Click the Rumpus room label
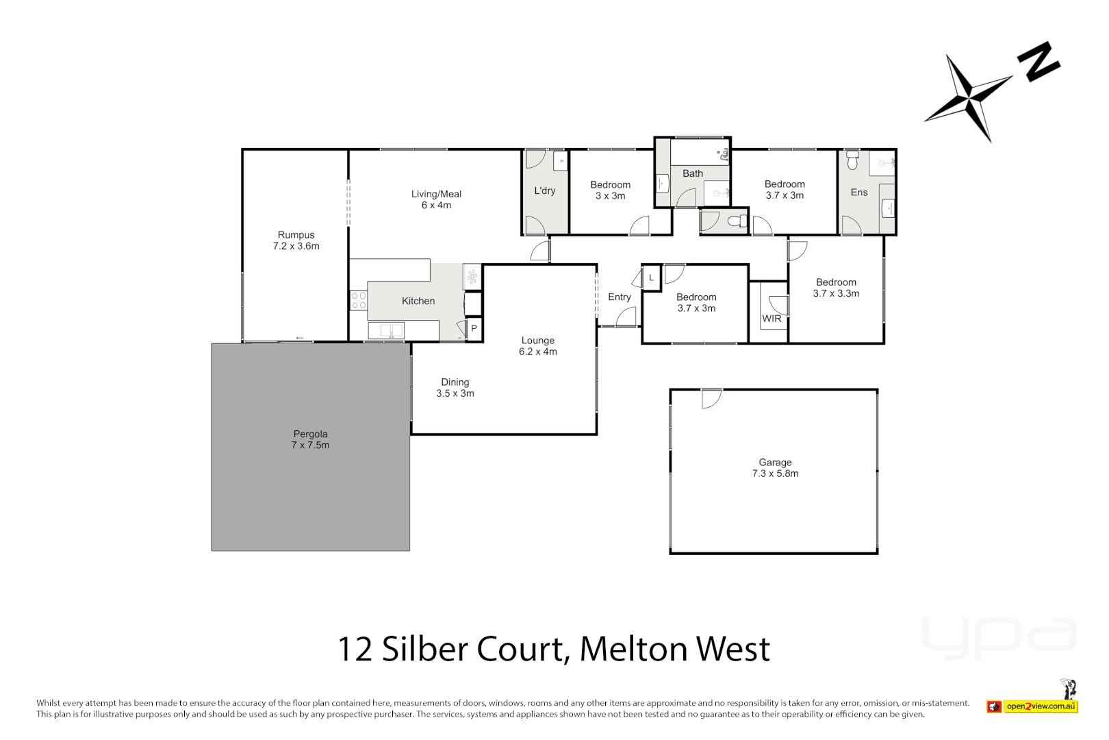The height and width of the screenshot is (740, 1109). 296,235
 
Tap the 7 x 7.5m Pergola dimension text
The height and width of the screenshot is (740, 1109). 310,445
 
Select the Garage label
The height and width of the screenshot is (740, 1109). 775,463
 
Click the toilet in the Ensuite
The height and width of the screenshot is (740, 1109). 852,162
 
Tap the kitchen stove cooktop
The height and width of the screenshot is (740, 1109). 358,300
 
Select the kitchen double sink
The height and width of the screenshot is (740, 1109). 386,331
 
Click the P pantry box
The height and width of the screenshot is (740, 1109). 474,329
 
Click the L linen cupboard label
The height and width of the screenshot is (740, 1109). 651,278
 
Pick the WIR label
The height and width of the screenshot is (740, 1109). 772,319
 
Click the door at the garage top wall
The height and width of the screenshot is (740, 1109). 712,398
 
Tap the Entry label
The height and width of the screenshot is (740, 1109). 619,297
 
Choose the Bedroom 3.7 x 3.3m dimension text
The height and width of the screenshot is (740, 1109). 836,293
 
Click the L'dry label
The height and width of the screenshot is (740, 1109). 544,191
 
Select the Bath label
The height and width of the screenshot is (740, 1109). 692,174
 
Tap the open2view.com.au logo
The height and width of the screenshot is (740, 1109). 1041,706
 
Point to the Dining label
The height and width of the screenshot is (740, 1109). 455,382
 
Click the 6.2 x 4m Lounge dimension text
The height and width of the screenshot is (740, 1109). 537,351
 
